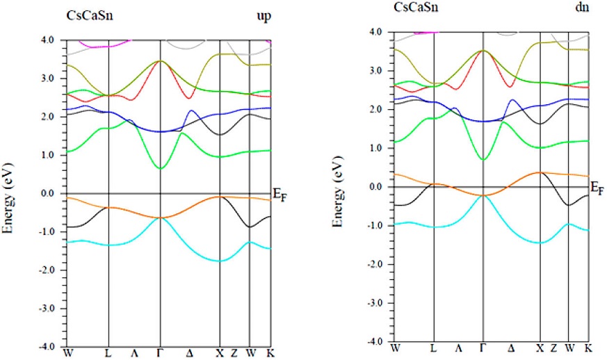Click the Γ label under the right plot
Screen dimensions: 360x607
(483, 347)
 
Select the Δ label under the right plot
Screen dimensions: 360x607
(511, 347)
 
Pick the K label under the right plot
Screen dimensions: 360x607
(588, 347)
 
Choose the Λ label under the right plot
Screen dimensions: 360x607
(458, 347)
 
